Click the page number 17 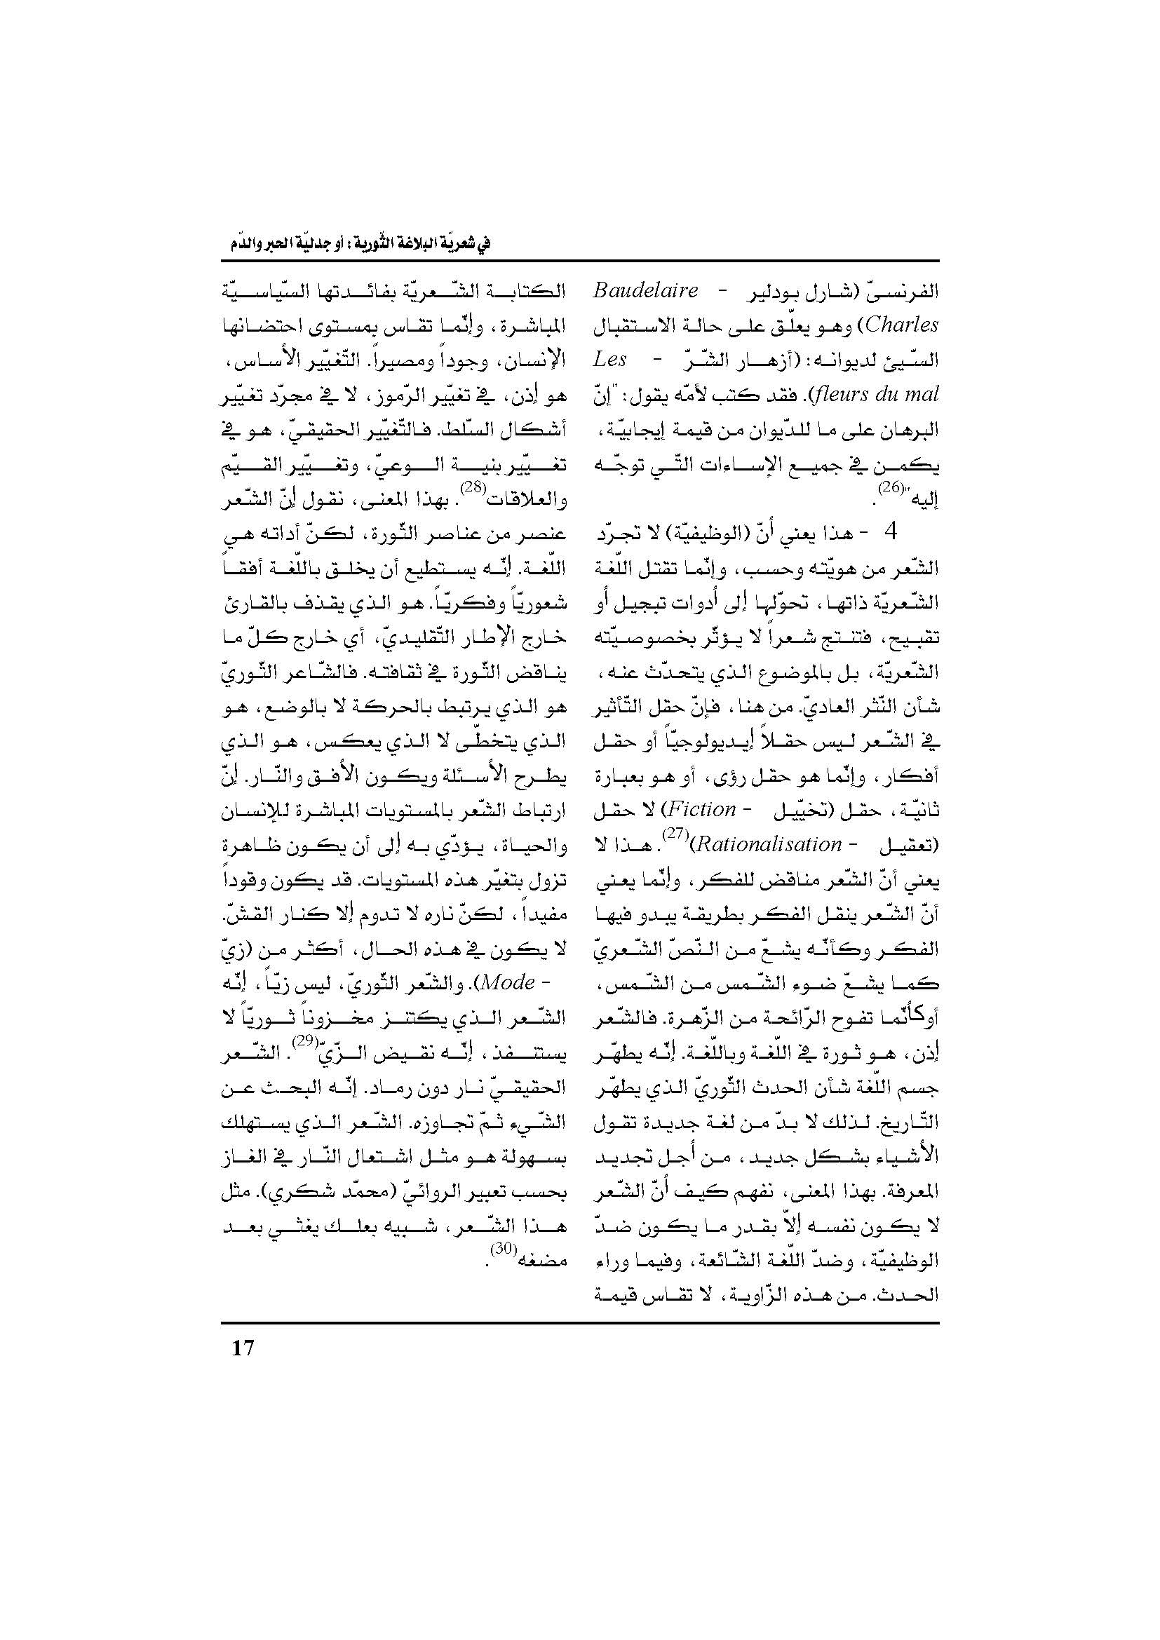243,1347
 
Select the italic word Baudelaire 646,291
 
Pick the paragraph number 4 890,533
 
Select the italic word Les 610,359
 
